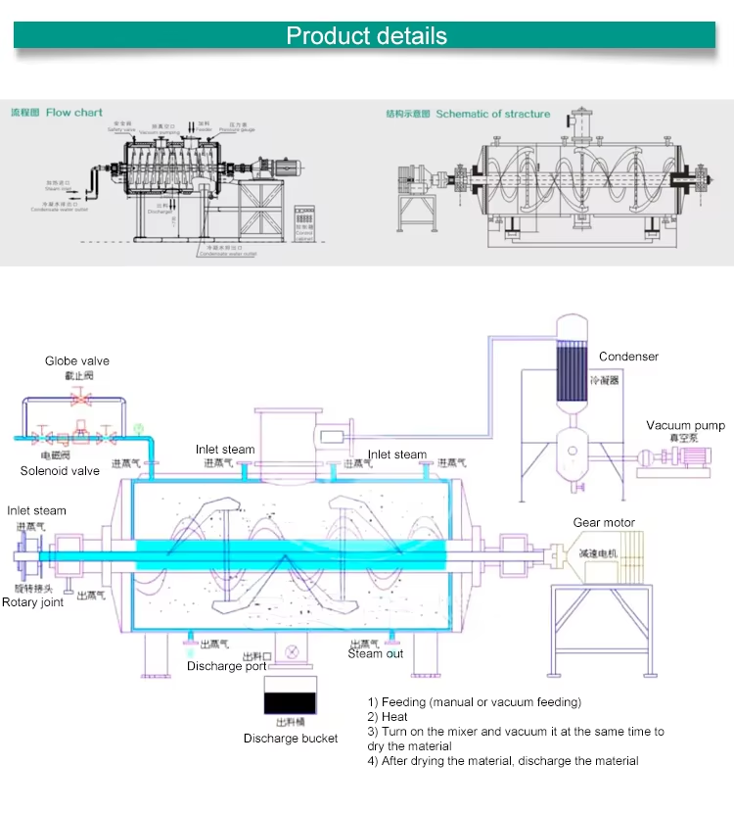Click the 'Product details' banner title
(x=367, y=36)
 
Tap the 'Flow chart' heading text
(x=74, y=113)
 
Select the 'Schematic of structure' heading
(x=493, y=114)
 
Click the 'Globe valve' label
(x=77, y=361)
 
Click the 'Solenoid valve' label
(x=60, y=471)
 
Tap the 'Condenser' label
(x=628, y=358)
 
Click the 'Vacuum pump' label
(x=685, y=426)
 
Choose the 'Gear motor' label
(x=604, y=523)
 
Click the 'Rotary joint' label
(x=32, y=602)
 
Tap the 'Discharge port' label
(x=226, y=667)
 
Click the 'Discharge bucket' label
(x=291, y=739)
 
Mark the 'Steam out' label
(x=375, y=654)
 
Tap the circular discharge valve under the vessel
(x=291, y=650)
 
